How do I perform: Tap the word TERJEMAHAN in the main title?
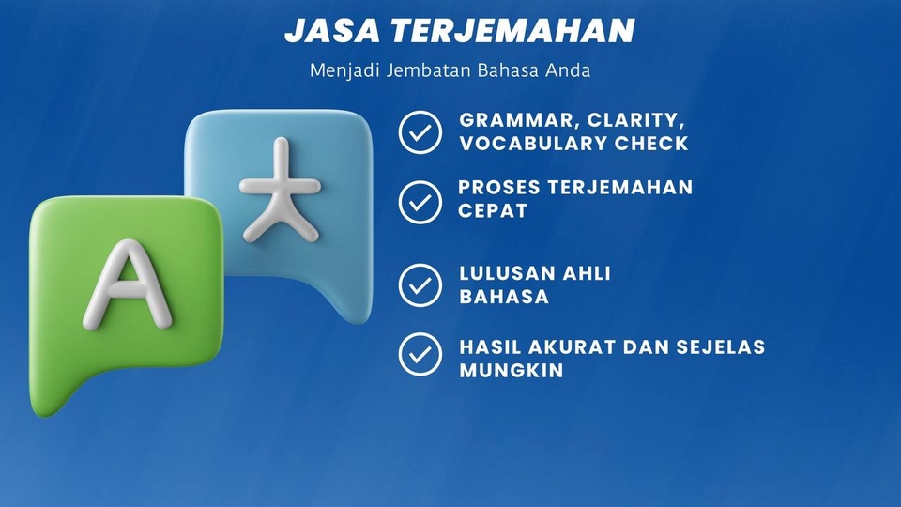pos(513,31)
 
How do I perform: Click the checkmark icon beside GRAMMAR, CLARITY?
pos(420,132)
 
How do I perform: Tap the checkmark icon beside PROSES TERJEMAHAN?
pos(420,201)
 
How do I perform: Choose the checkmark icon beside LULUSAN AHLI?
pos(420,285)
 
